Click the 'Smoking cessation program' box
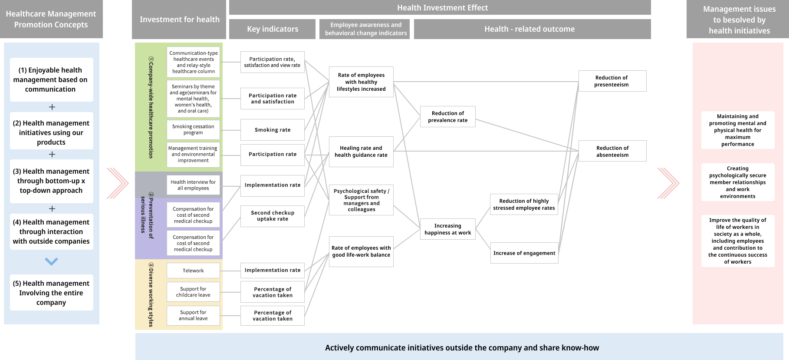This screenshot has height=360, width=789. (x=193, y=129)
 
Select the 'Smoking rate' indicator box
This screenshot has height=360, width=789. (x=273, y=130)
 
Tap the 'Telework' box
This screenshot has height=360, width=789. (x=193, y=271)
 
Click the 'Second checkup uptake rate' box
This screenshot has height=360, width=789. (x=273, y=216)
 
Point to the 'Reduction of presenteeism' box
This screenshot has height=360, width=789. (x=612, y=81)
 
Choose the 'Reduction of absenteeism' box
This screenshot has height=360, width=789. (x=612, y=151)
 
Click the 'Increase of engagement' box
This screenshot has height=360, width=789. (x=524, y=253)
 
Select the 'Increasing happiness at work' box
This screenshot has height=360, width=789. (x=447, y=229)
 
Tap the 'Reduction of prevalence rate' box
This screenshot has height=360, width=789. (x=447, y=117)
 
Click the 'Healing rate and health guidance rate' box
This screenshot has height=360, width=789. (x=361, y=152)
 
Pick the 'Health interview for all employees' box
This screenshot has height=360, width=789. (x=193, y=185)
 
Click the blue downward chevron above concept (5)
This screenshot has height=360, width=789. (x=51, y=261)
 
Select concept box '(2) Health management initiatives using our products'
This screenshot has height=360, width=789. (x=51, y=132)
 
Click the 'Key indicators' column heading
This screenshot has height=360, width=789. (x=273, y=29)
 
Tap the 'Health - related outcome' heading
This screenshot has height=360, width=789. (x=529, y=29)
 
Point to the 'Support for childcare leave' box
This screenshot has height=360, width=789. (x=193, y=292)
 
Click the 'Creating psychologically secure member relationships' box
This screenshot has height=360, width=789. (x=737, y=182)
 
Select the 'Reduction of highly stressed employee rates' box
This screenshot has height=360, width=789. (x=524, y=205)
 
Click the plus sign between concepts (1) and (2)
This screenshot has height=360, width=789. (x=52, y=107)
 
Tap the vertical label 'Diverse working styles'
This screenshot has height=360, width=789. (x=151, y=295)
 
